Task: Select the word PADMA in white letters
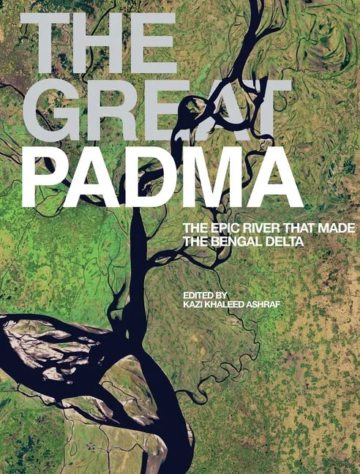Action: [161, 179]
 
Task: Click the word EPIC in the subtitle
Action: [222, 229]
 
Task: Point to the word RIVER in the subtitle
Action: [257, 229]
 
